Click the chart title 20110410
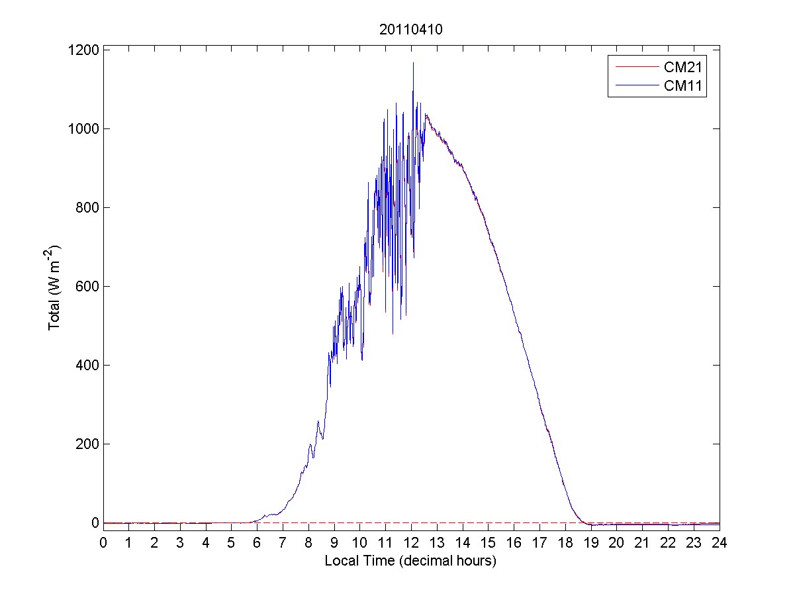point(411,30)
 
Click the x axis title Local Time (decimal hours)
point(411,561)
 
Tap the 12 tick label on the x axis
point(411,544)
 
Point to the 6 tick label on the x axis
point(257,544)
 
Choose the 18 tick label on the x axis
point(565,544)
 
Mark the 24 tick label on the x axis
point(720,544)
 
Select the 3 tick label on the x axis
point(180,544)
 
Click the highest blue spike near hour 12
point(414,64)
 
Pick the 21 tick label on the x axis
point(642,544)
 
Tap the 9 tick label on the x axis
point(334,544)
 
